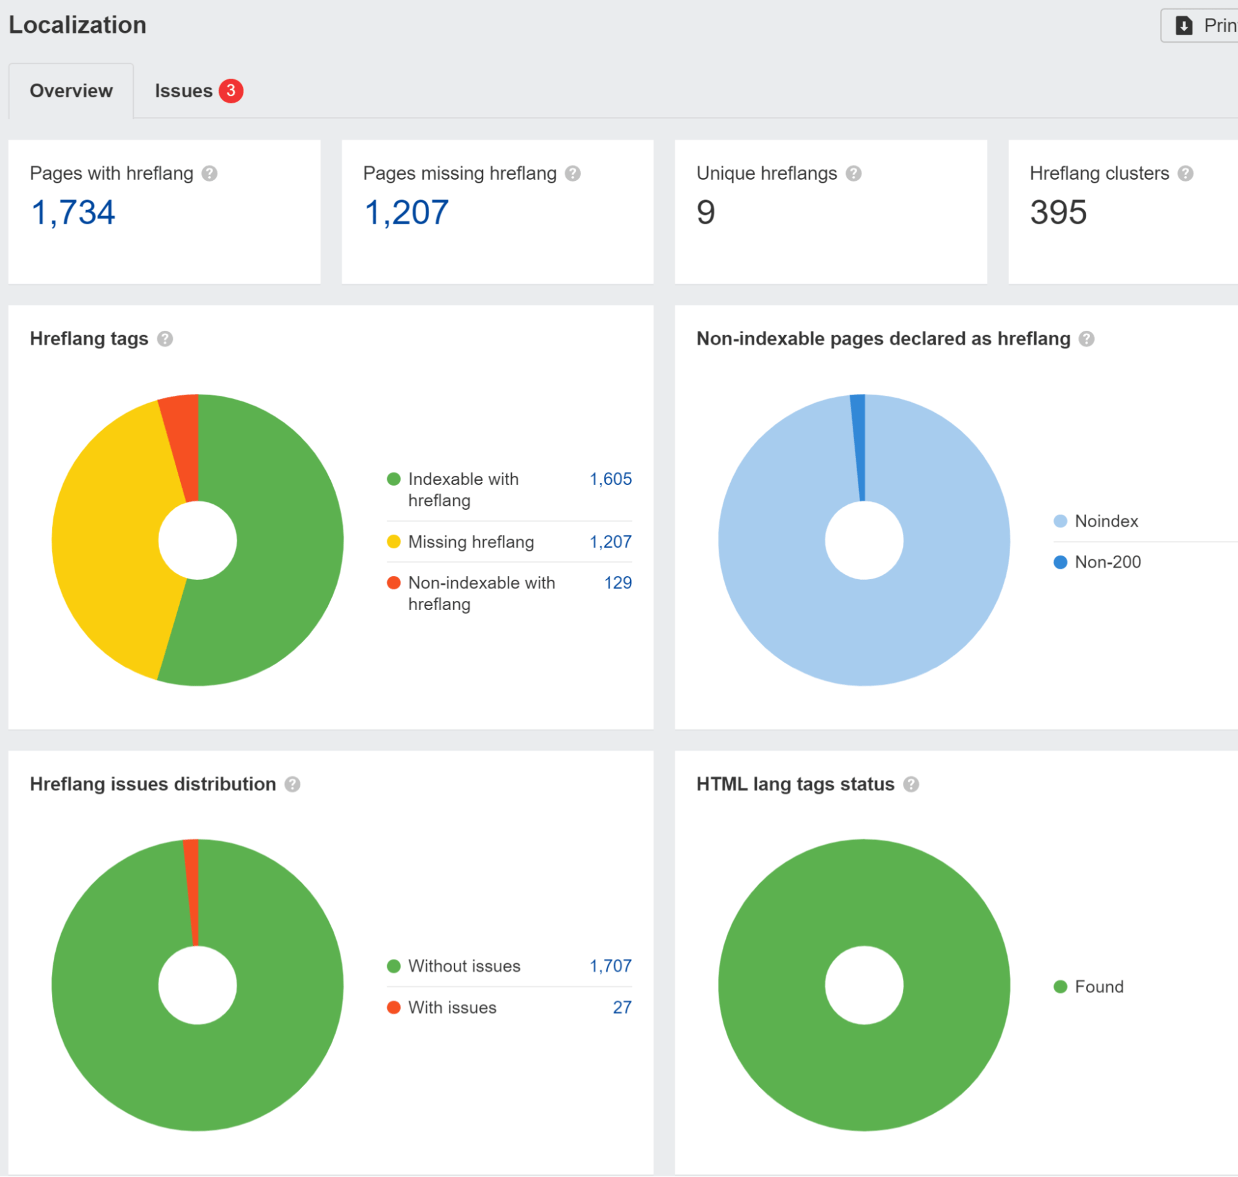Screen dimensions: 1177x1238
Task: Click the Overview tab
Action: (x=71, y=91)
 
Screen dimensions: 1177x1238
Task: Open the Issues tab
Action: (x=183, y=91)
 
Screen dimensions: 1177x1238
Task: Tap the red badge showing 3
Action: (x=231, y=91)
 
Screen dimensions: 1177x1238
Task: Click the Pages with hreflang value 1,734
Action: (x=72, y=212)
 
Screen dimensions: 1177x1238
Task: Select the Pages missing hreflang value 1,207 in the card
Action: (x=406, y=212)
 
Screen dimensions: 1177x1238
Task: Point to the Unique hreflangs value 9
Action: (x=705, y=212)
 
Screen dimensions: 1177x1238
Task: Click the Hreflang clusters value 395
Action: (x=1058, y=212)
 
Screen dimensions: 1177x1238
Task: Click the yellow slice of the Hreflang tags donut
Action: (x=107, y=540)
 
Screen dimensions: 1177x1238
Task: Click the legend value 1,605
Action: (x=610, y=479)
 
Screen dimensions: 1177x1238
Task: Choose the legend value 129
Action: (x=617, y=583)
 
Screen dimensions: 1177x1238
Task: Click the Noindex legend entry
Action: (x=1105, y=522)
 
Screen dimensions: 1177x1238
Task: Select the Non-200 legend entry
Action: (x=1107, y=562)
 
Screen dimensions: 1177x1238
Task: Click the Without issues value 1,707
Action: (x=610, y=966)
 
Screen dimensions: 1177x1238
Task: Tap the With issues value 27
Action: (x=622, y=1008)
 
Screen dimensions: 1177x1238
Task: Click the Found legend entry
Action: (x=1098, y=987)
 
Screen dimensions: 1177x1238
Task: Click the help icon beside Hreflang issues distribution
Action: (x=292, y=784)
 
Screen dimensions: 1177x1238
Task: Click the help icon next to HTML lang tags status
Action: (x=910, y=784)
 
